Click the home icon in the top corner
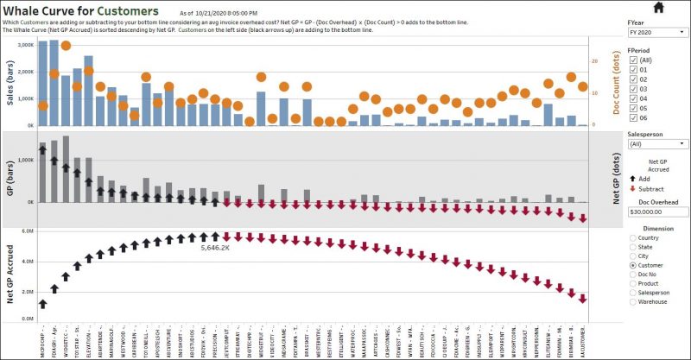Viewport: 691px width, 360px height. tap(659, 8)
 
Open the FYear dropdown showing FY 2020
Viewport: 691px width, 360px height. tap(657, 32)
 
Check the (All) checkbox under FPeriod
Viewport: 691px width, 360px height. tap(634, 60)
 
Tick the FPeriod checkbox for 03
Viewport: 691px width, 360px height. tap(634, 89)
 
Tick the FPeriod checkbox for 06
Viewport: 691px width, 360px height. tap(634, 118)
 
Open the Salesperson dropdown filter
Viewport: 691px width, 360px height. tap(657, 144)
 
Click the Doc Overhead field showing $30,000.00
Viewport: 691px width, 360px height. tap(657, 211)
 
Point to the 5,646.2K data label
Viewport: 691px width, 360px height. tap(214, 248)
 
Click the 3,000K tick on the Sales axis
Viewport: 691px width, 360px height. tap(25, 44)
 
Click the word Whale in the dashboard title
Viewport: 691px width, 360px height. tap(28, 11)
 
